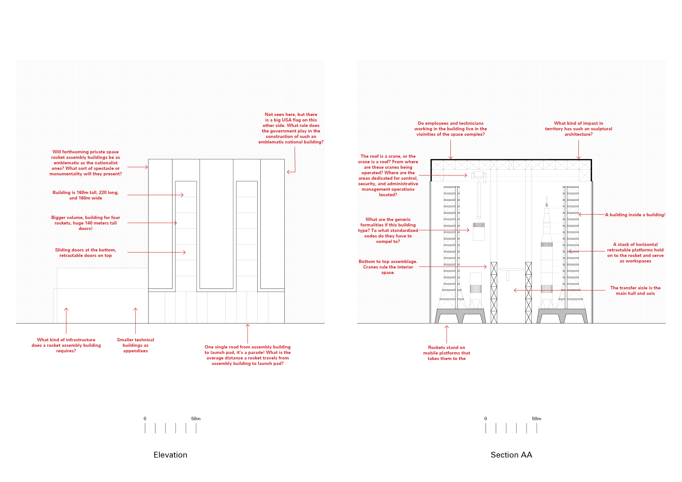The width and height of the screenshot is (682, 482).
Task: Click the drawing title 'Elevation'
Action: click(170, 455)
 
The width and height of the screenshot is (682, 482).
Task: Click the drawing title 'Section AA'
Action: click(511, 455)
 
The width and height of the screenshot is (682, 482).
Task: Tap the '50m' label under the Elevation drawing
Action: click(196, 419)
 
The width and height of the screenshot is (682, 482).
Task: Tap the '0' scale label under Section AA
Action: click(486, 419)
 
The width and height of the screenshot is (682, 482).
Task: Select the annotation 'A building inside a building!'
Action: click(635, 215)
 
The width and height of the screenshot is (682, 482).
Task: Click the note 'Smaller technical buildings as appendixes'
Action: click(136, 345)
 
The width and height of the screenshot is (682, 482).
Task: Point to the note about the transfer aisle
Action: click(635, 290)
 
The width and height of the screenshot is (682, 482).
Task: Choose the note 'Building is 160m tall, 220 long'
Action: click(86, 195)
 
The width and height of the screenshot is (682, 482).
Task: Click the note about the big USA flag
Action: click(291, 128)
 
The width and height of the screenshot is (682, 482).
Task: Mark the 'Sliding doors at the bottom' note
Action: click(86, 253)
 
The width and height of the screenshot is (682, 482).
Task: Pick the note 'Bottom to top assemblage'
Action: click(388, 267)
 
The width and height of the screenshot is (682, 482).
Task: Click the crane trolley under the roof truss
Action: click(479, 176)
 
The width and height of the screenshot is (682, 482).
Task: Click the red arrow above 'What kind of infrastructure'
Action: click(66, 320)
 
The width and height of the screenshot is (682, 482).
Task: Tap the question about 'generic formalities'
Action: click(388, 230)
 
